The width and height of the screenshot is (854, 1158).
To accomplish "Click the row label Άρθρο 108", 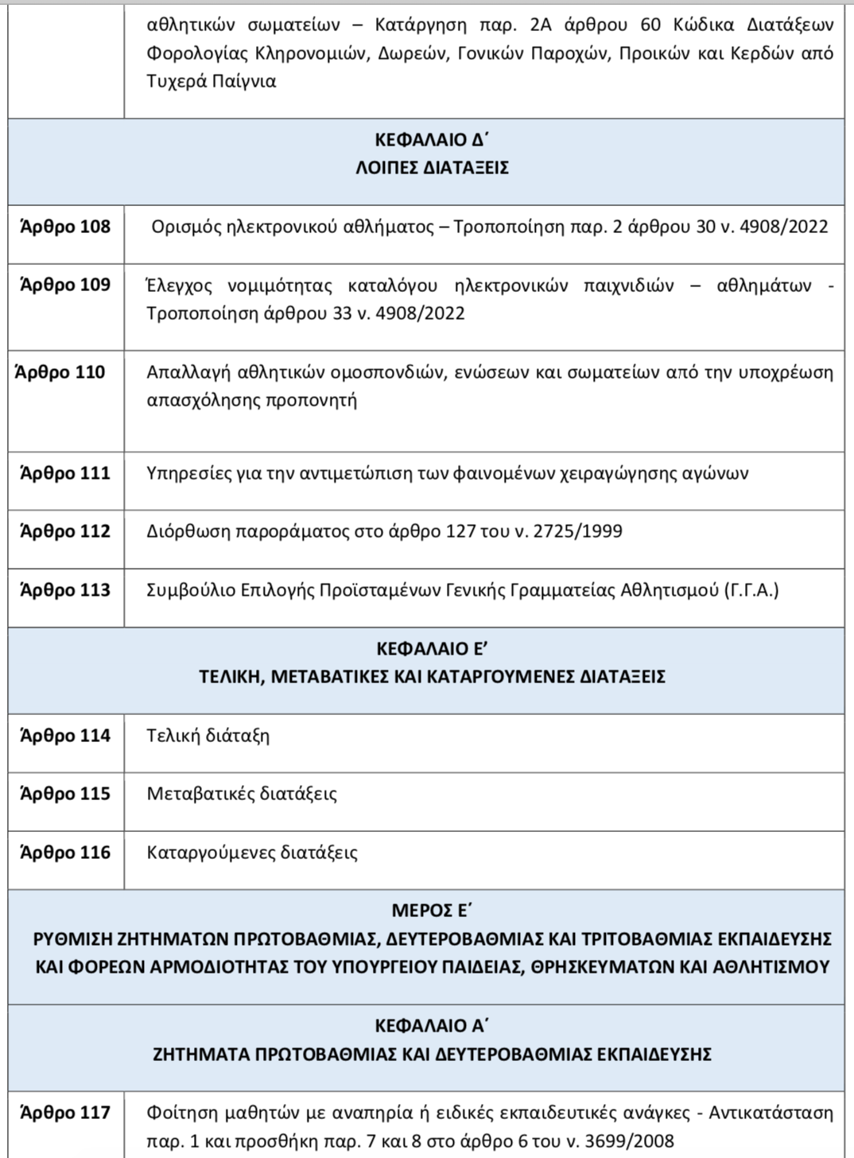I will click(x=65, y=227).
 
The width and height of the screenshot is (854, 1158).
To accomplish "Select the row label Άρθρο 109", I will click(x=65, y=286).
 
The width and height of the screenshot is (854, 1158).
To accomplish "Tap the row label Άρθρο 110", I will click(x=60, y=373).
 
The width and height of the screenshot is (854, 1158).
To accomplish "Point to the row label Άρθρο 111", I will click(x=65, y=474).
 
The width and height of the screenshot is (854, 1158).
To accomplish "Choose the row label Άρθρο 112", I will click(x=65, y=532).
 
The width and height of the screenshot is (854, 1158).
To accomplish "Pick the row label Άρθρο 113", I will click(x=65, y=591).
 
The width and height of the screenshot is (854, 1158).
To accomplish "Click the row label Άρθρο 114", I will click(x=65, y=736).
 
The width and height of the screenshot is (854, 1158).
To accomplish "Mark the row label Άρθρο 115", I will click(x=65, y=795).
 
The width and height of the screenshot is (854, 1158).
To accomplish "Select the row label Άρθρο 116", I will click(x=65, y=853).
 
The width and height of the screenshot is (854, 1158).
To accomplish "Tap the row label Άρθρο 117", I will click(x=65, y=1113).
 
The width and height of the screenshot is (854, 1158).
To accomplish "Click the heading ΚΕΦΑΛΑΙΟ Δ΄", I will click(x=431, y=141).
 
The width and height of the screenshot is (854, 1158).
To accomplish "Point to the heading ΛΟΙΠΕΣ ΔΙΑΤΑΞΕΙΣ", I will click(x=431, y=169).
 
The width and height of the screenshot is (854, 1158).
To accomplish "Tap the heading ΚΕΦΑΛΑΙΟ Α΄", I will click(x=431, y=1026).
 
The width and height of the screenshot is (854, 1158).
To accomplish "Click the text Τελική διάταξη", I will click(x=208, y=736).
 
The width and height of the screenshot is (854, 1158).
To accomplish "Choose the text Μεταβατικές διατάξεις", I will click(x=242, y=795).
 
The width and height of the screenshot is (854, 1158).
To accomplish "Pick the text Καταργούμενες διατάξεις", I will click(x=252, y=853).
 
